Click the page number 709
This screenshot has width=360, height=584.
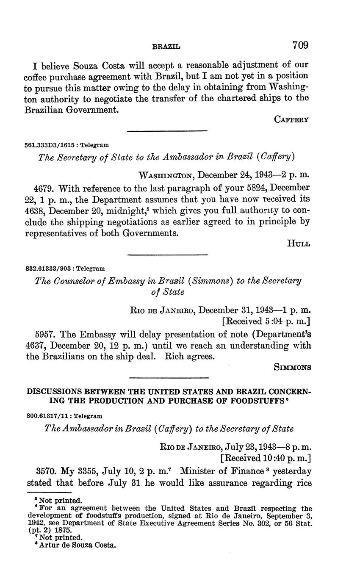[x=300, y=45]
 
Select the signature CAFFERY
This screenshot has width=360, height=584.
[x=291, y=119]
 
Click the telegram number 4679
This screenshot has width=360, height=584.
[x=44, y=188]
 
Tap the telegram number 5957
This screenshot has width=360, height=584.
[x=44, y=334]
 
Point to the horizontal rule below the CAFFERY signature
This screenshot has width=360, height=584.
[x=167, y=131]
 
